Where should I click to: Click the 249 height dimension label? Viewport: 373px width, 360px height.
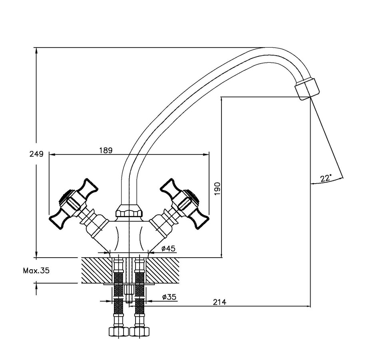pos(36,154)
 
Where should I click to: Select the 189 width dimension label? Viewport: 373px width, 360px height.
pos(106,150)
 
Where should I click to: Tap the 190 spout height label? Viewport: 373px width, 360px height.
pos(218,189)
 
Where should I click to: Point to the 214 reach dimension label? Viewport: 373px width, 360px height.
pos(219,302)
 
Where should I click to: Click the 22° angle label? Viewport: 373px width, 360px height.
pos(326,178)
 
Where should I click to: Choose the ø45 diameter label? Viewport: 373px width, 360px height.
pos(168,249)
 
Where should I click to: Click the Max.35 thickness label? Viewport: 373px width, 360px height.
pos(36,270)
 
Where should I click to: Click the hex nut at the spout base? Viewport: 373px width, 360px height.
pos(129,210)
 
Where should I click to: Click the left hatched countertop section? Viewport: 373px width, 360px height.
pos(97,270)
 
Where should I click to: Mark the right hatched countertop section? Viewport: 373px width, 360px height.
pos(164,270)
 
